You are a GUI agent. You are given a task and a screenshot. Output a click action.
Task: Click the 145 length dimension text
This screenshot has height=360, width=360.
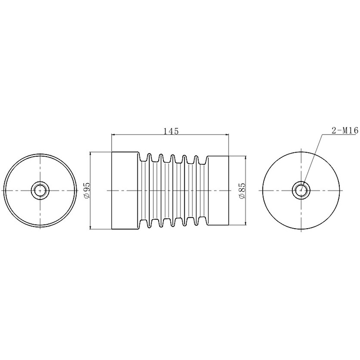pyautogui.click(x=171, y=131)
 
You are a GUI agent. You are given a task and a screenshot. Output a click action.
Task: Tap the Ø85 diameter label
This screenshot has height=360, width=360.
pyautogui.click(x=242, y=190)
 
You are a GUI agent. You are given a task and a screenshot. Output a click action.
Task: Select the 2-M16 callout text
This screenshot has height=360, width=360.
pyautogui.click(x=345, y=130)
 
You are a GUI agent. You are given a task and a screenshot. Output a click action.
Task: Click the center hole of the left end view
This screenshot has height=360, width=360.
pyautogui.click(x=40, y=190)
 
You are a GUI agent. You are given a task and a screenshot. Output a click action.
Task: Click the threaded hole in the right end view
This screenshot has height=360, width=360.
pyautogui.click(x=301, y=190)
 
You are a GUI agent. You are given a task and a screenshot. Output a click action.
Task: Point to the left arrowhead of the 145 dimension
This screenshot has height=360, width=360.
pyautogui.click(x=113, y=135)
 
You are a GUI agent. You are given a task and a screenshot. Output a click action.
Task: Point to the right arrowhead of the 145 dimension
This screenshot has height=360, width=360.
pyautogui.click(x=227, y=135)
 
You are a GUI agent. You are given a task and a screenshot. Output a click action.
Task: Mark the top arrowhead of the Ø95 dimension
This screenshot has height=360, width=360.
pyautogui.click(x=90, y=154)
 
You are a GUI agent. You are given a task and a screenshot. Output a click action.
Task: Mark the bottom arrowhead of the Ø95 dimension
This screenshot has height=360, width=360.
pyautogui.click(x=90, y=227)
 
